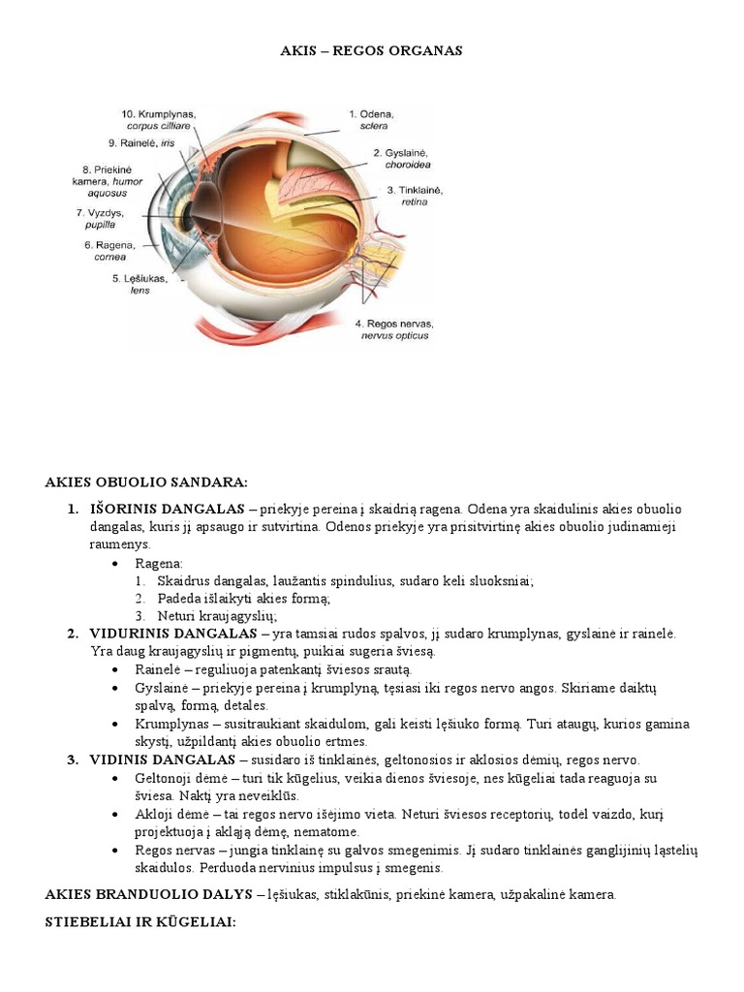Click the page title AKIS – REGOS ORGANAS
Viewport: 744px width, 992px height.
click(x=371, y=50)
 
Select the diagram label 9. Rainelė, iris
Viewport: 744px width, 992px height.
click(x=141, y=143)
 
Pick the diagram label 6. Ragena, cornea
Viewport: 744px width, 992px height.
click(x=109, y=252)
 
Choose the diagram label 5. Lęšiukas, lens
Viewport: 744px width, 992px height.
click(x=139, y=285)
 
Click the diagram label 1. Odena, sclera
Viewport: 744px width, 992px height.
click(x=369, y=119)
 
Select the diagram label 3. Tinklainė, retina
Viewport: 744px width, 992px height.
click(x=414, y=196)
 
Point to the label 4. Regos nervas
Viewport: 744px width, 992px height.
click(x=394, y=329)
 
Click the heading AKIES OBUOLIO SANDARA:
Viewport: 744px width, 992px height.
click(x=146, y=481)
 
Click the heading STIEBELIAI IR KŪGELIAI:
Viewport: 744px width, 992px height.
click(x=140, y=922)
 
